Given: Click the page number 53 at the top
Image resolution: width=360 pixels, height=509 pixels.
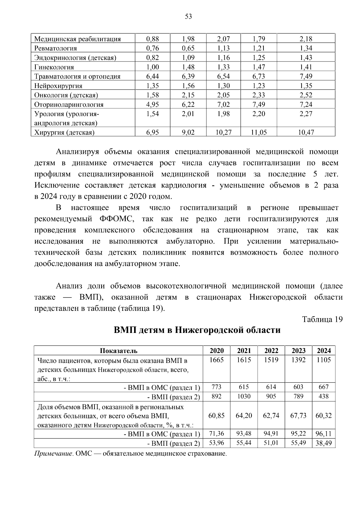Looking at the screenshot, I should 188,16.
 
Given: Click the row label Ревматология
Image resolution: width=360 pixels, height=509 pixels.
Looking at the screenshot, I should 55,48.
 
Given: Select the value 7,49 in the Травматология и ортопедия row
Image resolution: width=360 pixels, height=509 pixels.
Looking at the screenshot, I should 306,76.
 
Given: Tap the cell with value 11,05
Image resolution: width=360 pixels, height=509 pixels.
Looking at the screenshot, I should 259,132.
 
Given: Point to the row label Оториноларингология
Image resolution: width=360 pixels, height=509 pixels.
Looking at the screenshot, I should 69,105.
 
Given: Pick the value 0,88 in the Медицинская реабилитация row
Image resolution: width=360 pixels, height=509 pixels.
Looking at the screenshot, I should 152,39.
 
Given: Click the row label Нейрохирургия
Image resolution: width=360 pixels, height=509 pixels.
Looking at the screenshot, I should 58,86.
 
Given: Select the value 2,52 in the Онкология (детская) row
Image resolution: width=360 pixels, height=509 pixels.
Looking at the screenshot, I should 306,95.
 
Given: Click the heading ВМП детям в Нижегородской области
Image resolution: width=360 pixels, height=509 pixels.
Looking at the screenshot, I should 197,330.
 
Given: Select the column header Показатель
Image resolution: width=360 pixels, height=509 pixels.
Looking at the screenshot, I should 118,351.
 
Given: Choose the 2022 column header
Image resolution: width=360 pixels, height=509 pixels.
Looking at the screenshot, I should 271,351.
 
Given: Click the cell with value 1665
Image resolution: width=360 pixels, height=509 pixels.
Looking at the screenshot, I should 217,360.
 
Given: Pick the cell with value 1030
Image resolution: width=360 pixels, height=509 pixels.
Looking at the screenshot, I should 244,397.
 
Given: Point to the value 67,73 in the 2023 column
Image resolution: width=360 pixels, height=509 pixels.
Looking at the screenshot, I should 298,416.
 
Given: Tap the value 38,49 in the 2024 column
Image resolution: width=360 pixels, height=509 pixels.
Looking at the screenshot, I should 324,443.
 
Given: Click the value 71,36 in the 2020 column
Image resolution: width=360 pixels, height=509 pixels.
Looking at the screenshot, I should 217,433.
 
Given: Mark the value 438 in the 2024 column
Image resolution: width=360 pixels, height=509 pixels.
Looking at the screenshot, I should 324,397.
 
